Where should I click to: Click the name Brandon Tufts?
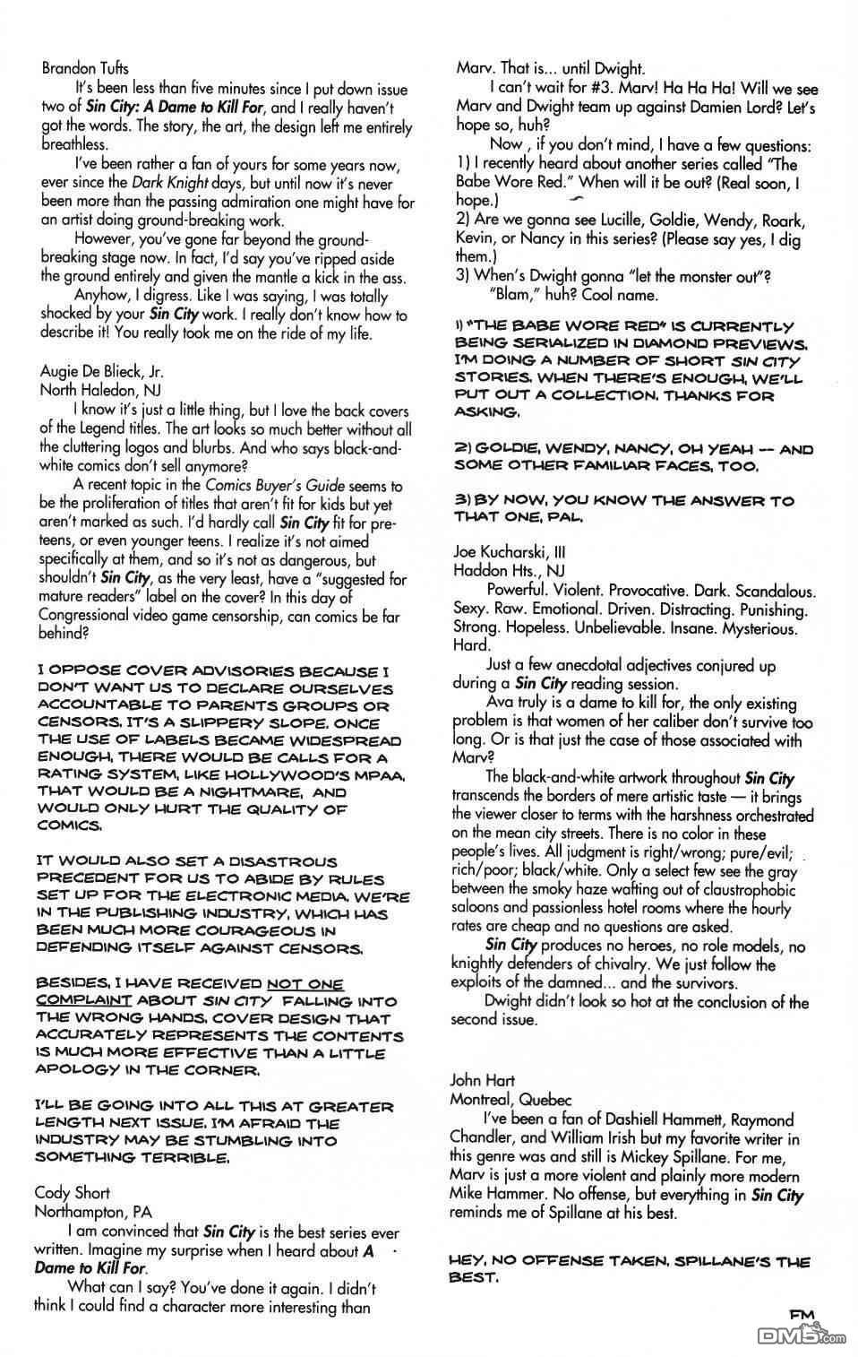[85, 68]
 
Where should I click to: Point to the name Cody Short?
[72, 1192]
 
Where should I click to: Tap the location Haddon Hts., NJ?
[502, 571]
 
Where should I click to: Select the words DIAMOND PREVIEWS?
[727, 342]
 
